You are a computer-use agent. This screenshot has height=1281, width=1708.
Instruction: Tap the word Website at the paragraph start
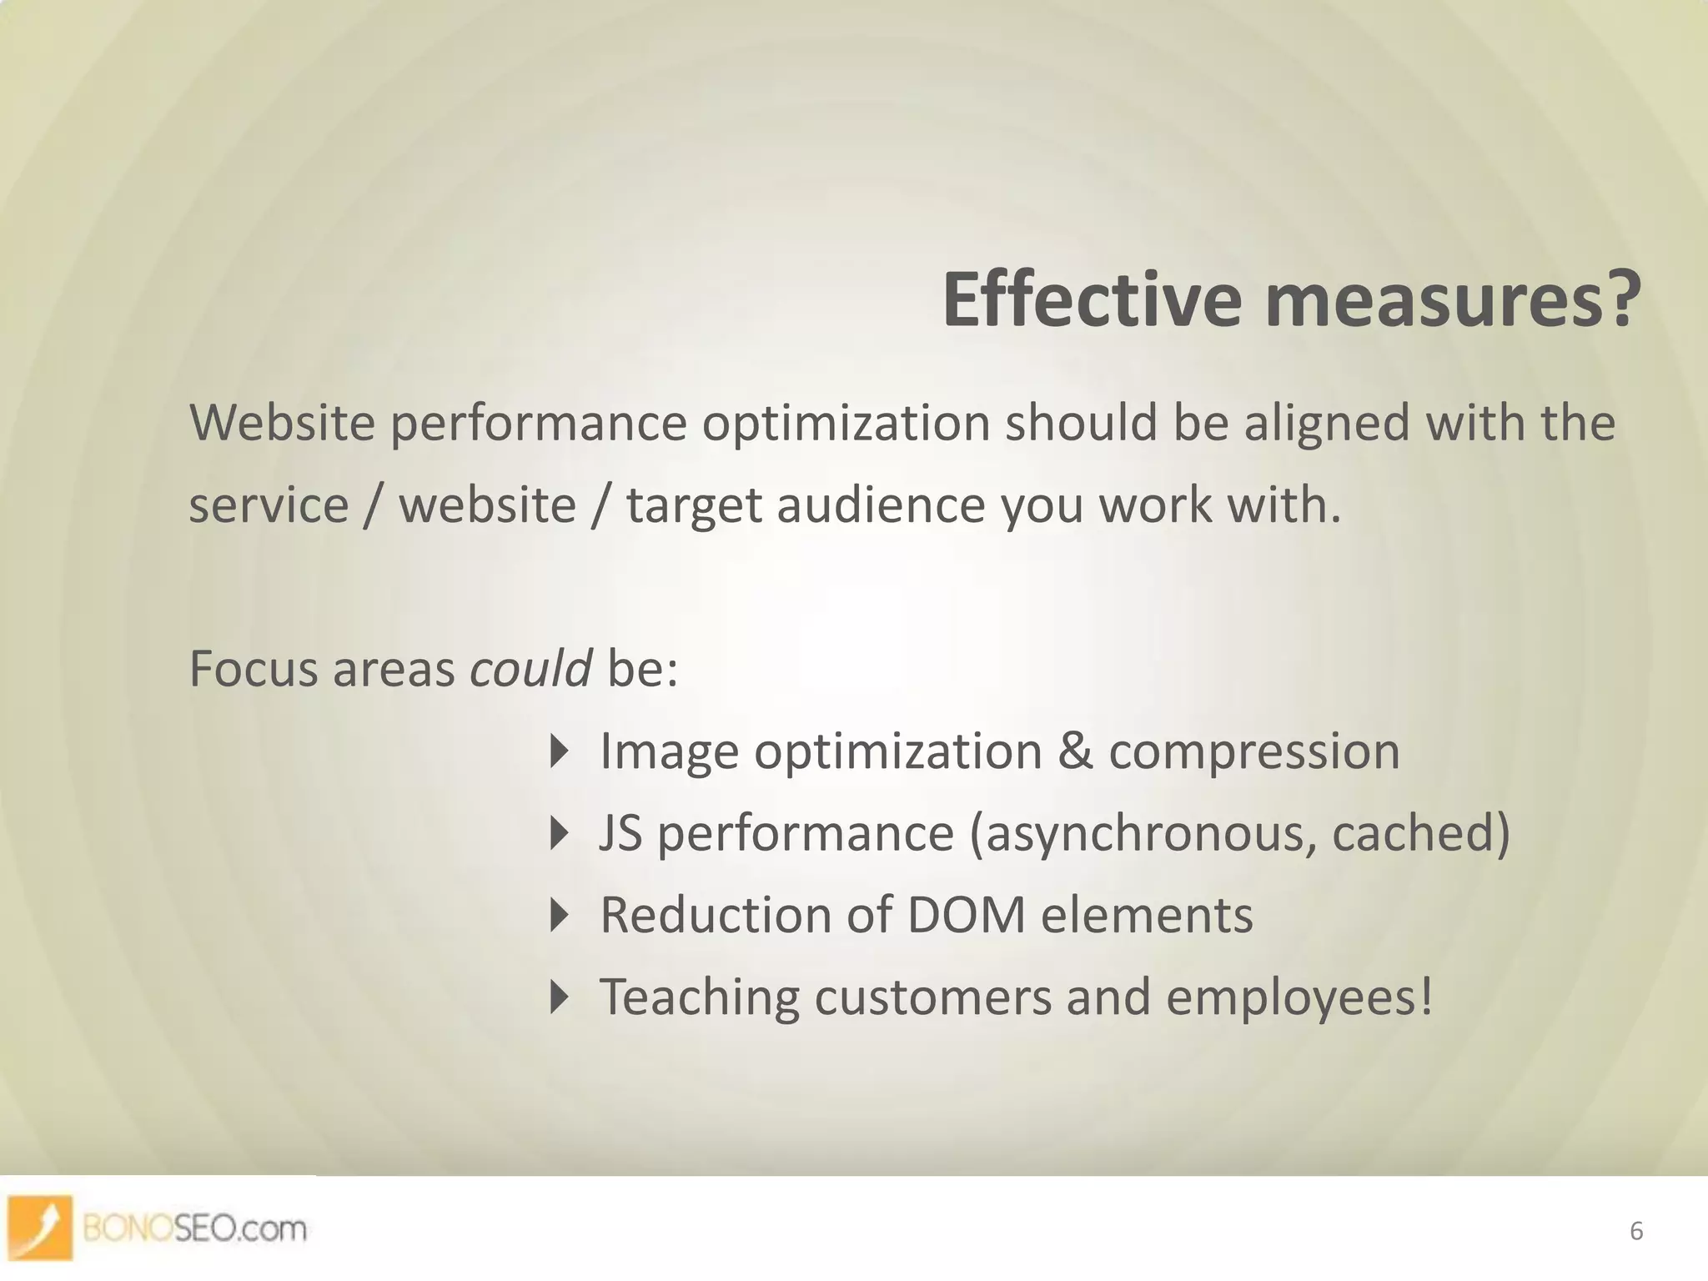(283, 423)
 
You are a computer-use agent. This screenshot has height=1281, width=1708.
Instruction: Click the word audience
(881, 506)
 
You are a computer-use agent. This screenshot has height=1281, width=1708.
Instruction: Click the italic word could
(531, 669)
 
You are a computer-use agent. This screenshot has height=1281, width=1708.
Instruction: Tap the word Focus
(254, 669)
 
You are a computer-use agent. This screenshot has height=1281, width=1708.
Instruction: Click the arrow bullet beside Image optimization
(560, 751)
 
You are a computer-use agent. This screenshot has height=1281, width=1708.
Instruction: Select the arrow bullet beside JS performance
(560, 833)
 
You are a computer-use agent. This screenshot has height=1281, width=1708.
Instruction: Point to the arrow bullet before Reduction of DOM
(560, 915)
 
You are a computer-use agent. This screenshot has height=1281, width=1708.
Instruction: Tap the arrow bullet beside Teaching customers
(560, 997)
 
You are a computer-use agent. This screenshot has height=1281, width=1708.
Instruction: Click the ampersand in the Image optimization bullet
(1075, 751)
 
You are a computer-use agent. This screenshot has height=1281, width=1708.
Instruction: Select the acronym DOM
(966, 915)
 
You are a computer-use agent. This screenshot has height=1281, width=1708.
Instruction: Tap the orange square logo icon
(40, 1227)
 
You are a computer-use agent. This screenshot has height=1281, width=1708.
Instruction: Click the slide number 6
(1635, 1231)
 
